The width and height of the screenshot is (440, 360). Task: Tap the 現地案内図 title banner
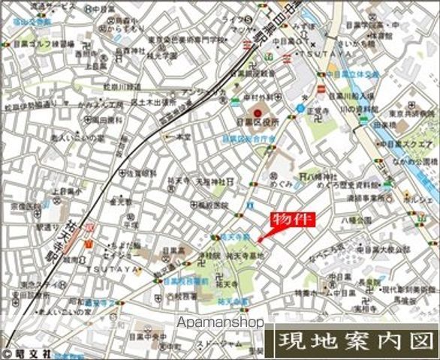pyautogui.click(x=357, y=342)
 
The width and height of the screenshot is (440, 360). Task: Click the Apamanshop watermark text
pyautogui.click(x=220, y=322)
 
